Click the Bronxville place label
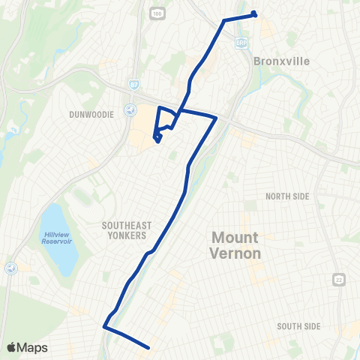point(282,61)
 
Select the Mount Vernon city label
point(235,245)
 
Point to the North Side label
point(287,196)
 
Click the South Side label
point(298,326)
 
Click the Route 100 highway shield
point(155,13)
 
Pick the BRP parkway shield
point(241,43)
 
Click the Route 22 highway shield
point(337,279)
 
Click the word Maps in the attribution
point(33,347)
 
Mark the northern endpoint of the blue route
point(255,13)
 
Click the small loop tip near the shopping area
point(155,138)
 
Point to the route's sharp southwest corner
point(104,326)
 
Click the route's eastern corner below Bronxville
point(216,118)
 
